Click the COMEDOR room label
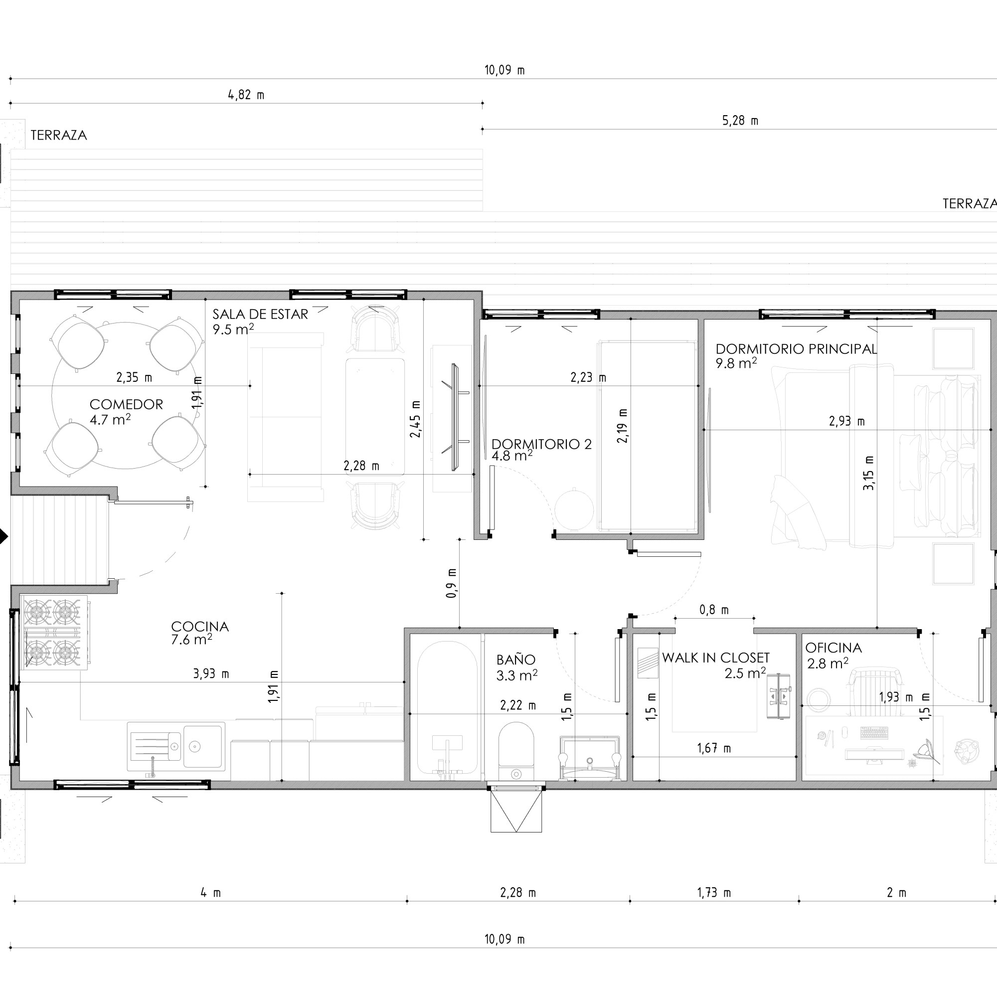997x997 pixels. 127,404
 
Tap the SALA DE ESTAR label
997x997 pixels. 260,314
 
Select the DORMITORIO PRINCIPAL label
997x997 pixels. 796,349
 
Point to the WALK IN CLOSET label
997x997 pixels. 715,658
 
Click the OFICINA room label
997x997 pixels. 833,648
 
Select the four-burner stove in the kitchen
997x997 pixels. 53,632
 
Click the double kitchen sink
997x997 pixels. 176,746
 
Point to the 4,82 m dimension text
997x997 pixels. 246,95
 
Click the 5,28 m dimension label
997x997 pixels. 740,121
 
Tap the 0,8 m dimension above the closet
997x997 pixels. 714,610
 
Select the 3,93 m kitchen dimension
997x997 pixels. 211,673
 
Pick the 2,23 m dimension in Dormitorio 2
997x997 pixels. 588,377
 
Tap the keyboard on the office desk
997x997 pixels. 875,732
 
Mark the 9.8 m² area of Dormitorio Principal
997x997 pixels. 736,363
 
